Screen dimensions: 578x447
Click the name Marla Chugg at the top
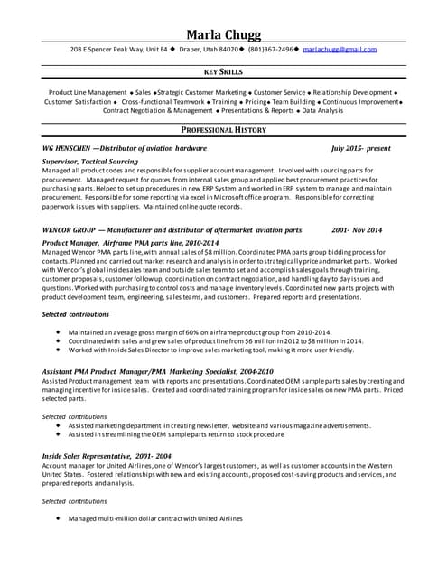point(223,34)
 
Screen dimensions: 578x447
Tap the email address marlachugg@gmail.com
point(340,49)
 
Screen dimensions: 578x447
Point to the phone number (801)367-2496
point(266,49)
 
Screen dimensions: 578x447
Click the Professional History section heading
point(223,130)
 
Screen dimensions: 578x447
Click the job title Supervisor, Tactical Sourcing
point(90,160)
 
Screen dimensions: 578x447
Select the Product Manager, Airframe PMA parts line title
point(130,243)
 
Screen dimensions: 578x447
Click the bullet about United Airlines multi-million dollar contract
point(155,518)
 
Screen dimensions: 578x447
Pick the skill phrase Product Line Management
point(88,92)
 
